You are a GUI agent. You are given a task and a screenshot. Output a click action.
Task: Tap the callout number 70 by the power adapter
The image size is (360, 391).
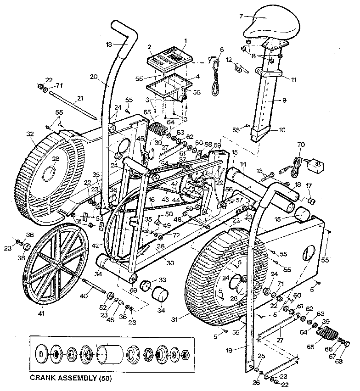[x=301, y=145]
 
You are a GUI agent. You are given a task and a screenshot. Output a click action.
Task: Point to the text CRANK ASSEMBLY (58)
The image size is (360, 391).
[x=70, y=378]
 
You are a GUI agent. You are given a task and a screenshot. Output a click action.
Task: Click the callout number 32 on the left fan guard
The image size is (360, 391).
[x=30, y=134]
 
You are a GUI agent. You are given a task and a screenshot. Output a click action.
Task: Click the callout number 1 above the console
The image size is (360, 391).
[x=185, y=41]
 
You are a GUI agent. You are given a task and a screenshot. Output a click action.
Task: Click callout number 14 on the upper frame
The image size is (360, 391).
[x=242, y=164]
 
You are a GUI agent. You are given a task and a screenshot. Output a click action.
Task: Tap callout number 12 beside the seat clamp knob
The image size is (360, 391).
[x=228, y=60]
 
